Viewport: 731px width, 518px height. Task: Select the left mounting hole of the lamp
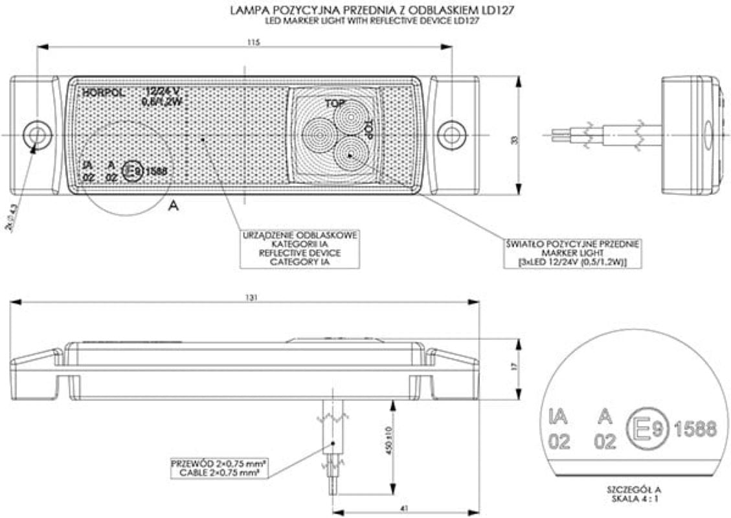pos(37,135)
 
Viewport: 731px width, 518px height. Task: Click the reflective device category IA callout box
pos(299,248)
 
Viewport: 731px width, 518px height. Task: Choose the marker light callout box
pos(572,253)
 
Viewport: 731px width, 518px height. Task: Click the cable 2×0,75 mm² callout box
pos(219,468)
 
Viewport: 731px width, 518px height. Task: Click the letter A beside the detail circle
pos(173,206)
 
